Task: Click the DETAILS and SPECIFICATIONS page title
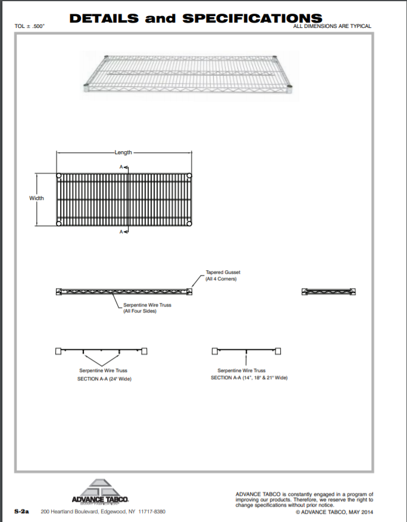196,18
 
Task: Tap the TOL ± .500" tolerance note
30,26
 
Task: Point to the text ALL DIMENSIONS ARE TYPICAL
333,26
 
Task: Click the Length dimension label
123,152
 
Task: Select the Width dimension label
36,198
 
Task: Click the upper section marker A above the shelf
123,167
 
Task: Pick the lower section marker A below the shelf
123,231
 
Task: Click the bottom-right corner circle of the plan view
189,223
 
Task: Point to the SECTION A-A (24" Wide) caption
104,378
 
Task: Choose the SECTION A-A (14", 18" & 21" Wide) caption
249,377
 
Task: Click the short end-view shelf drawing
329,291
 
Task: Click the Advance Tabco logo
99,492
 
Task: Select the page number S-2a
22,511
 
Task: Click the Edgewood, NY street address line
103,512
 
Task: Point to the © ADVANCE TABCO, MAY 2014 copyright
334,512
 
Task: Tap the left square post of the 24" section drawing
58,351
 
